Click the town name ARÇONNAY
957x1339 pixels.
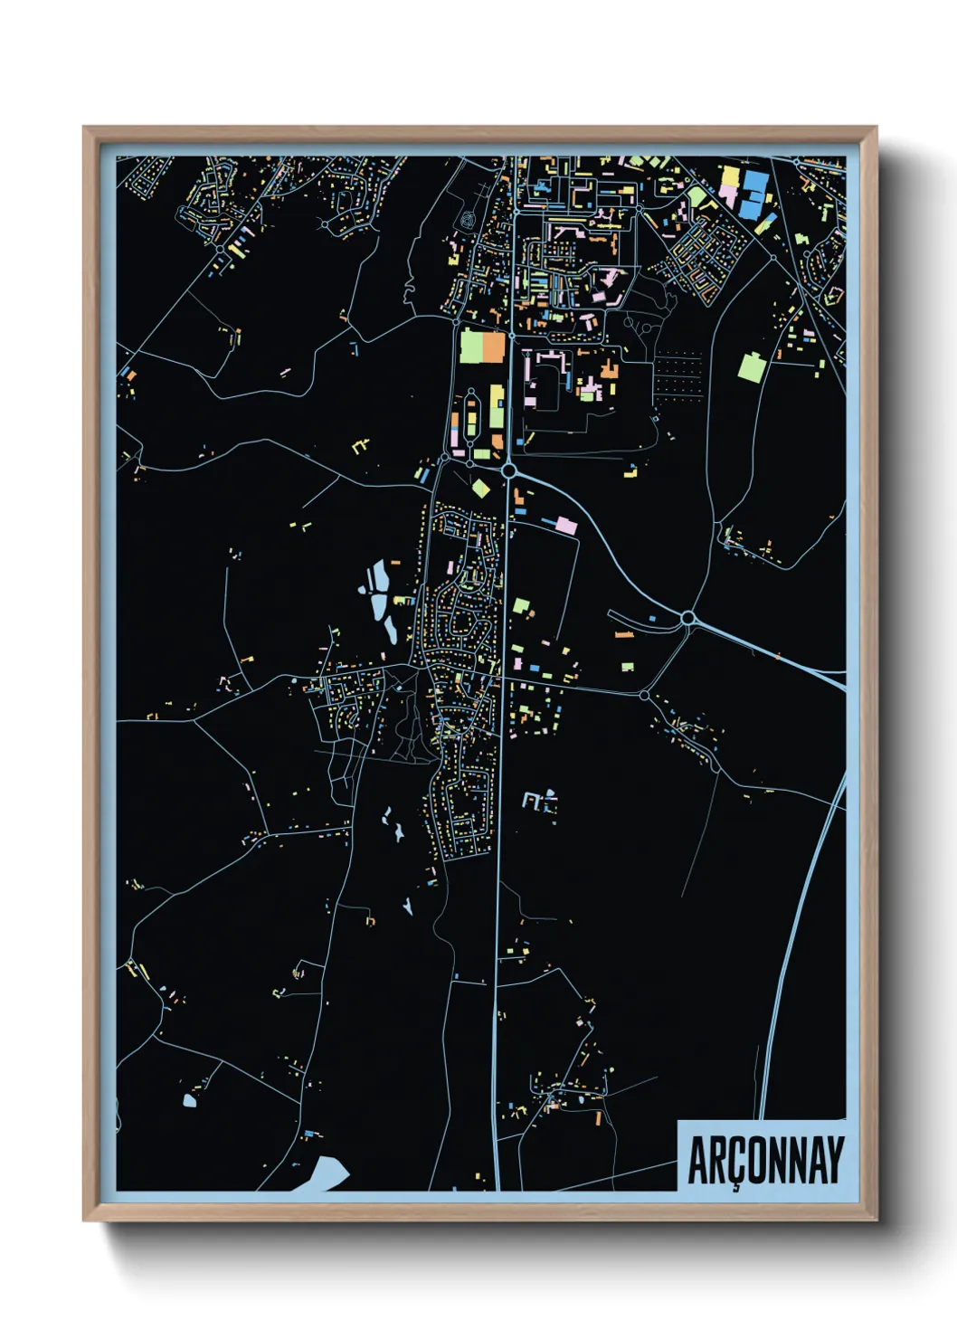click(x=765, y=1160)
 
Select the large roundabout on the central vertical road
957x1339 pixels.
click(x=509, y=470)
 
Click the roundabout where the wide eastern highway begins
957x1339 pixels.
click(x=688, y=618)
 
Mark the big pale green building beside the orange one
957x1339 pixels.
click(x=471, y=347)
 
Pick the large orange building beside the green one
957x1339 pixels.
click(x=494, y=347)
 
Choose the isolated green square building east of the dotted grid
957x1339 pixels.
click(x=753, y=366)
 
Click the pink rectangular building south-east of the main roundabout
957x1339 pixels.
click(x=565, y=526)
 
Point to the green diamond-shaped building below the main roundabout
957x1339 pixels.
click(x=480, y=489)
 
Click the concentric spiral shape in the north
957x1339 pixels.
click(x=467, y=219)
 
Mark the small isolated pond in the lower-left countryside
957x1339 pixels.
click(x=189, y=1101)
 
